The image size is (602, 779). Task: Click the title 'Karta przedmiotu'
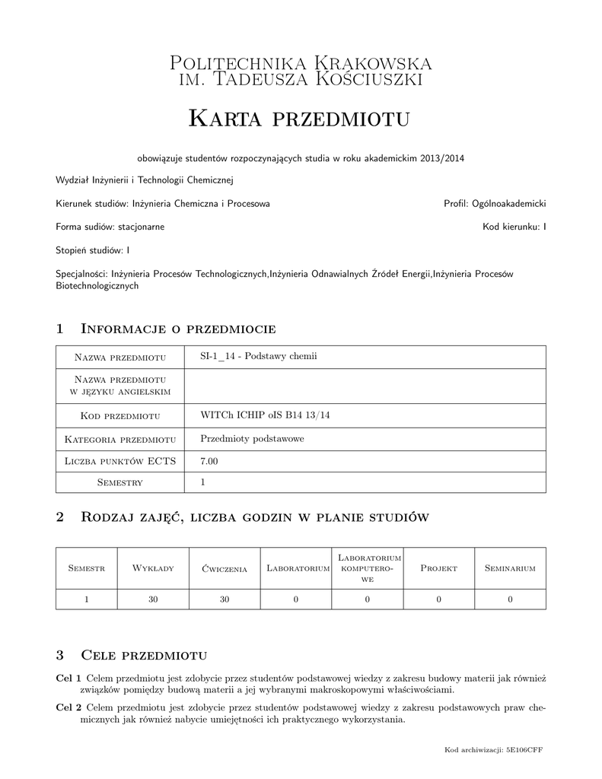tap(300, 118)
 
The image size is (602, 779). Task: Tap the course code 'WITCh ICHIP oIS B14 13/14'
tap(261, 415)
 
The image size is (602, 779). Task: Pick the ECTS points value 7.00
tap(209, 460)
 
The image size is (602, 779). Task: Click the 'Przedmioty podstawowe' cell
tap(252, 438)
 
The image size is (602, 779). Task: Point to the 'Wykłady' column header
tap(153, 568)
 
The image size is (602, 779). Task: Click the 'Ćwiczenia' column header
tap(225, 568)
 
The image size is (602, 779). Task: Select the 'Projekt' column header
tap(438, 568)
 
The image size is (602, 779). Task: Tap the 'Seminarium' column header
tap(510, 568)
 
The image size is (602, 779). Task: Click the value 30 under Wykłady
tap(153, 599)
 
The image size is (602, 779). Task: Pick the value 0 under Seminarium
tap(510, 599)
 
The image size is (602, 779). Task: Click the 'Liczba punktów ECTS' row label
tap(121, 460)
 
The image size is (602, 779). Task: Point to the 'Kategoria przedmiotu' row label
tap(121, 438)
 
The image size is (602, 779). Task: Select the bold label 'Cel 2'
tap(68, 707)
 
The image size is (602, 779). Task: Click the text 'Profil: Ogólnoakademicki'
tap(495, 203)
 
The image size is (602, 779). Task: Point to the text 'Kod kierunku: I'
tap(514, 226)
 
